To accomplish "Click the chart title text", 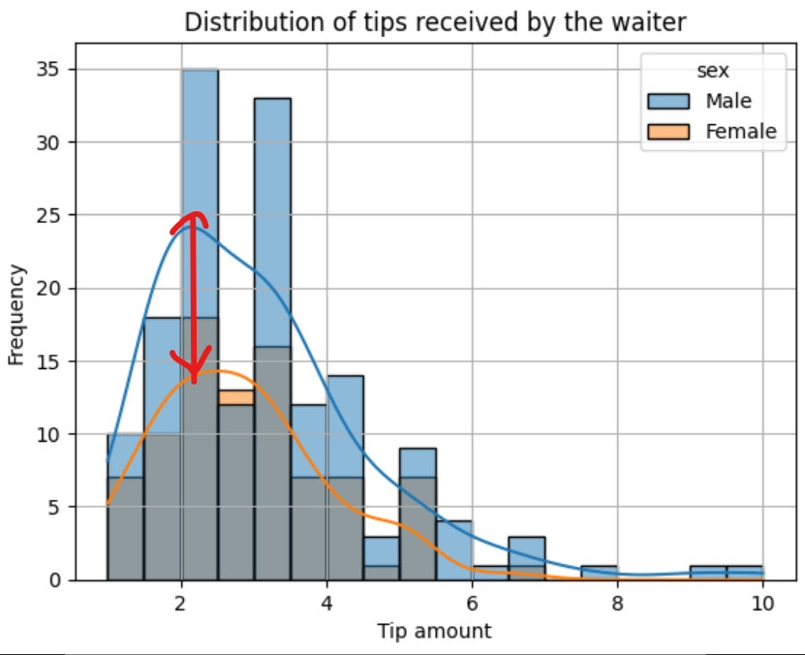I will pyautogui.click(x=433, y=21).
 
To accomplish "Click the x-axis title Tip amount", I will pyautogui.click(x=434, y=632).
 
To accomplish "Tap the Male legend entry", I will pyautogui.click(x=727, y=101).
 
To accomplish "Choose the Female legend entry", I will pyautogui.click(x=739, y=131).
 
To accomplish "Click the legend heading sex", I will pyautogui.click(x=712, y=71).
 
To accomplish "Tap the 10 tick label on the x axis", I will pyautogui.click(x=762, y=604).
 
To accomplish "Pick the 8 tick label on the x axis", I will pyautogui.click(x=617, y=604).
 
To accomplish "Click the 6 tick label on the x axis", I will pyautogui.click(x=472, y=604).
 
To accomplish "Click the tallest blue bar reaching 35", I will pyautogui.click(x=200, y=194).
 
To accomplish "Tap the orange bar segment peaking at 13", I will pyautogui.click(x=235, y=397).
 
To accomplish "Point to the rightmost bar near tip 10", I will pyautogui.click(x=745, y=573).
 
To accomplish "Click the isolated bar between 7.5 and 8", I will pyautogui.click(x=599, y=573).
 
